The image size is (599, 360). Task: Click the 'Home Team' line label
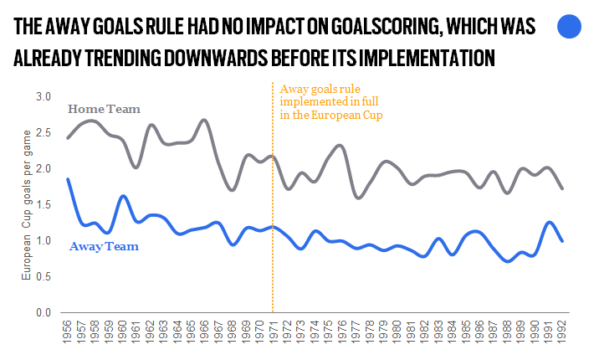coord(104,109)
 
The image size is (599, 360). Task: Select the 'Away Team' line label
coord(104,246)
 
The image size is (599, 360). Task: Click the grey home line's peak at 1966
coord(205,120)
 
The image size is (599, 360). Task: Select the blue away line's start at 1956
coord(68,179)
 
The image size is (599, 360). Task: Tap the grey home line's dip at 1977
coord(356,198)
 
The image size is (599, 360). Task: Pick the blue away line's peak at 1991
coord(548,222)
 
